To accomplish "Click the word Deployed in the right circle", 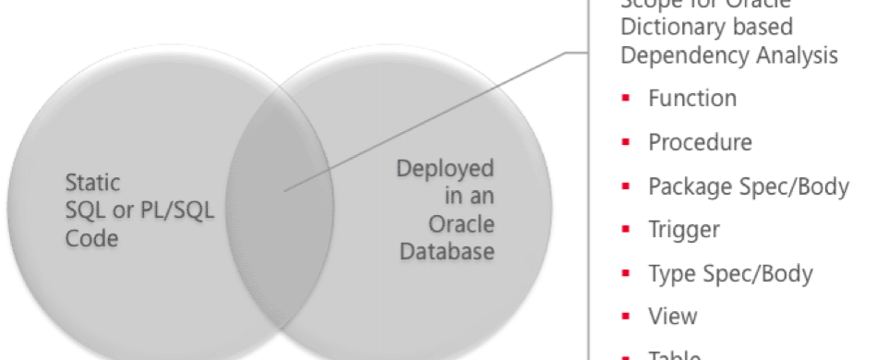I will [445, 170].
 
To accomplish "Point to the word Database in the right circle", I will [445, 251].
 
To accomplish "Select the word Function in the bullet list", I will [691, 98].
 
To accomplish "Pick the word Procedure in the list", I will [700, 142].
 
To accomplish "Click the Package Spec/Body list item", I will [748, 186].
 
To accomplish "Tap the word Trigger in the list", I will [684, 230].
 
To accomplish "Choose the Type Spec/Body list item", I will [730, 273].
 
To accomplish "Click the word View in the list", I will [672, 317].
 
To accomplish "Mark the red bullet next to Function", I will [626, 98].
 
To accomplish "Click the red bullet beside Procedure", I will [626, 142].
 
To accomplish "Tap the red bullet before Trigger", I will [626, 230].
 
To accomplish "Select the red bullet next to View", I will [626, 317].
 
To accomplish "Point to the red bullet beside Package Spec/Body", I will [626, 186].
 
